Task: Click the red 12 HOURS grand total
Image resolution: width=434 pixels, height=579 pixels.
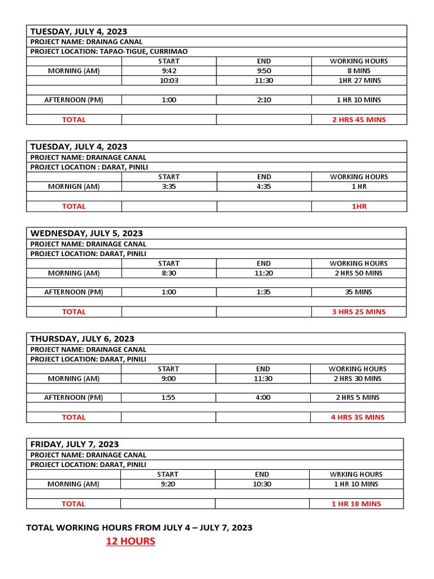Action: [131, 542]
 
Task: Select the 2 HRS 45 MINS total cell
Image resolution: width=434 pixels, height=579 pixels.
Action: [359, 120]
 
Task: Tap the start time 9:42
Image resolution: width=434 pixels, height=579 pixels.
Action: [169, 71]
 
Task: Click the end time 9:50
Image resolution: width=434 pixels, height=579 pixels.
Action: [264, 71]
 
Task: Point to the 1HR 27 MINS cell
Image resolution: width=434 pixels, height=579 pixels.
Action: [359, 80]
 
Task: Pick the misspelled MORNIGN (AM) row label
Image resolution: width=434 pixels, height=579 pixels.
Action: [74, 187]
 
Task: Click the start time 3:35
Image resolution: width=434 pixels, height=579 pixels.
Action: [169, 187]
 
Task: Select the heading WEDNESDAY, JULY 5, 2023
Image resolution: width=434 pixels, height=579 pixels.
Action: [86, 234]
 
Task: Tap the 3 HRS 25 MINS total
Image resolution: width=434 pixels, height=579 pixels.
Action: [359, 312]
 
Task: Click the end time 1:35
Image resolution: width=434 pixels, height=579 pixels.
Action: [264, 292]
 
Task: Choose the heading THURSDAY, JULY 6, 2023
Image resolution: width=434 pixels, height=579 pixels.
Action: [83, 339]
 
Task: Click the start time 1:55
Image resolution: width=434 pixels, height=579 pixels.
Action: [168, 397]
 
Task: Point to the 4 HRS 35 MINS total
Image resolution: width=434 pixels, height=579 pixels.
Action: [358, 417]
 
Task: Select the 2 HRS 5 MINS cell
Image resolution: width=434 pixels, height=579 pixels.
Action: [358, 397]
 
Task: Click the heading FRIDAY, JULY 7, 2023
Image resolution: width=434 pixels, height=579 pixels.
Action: [75, 444]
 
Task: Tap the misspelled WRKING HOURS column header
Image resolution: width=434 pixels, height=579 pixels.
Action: [357, 474]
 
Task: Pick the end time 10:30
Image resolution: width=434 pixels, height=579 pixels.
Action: [262, 484]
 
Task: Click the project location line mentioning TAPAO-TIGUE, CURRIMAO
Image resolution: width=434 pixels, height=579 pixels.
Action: [109, 51]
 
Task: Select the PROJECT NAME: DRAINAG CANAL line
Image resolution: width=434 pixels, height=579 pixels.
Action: [86, 42]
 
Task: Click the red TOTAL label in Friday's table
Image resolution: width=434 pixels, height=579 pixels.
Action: [73, 504]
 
